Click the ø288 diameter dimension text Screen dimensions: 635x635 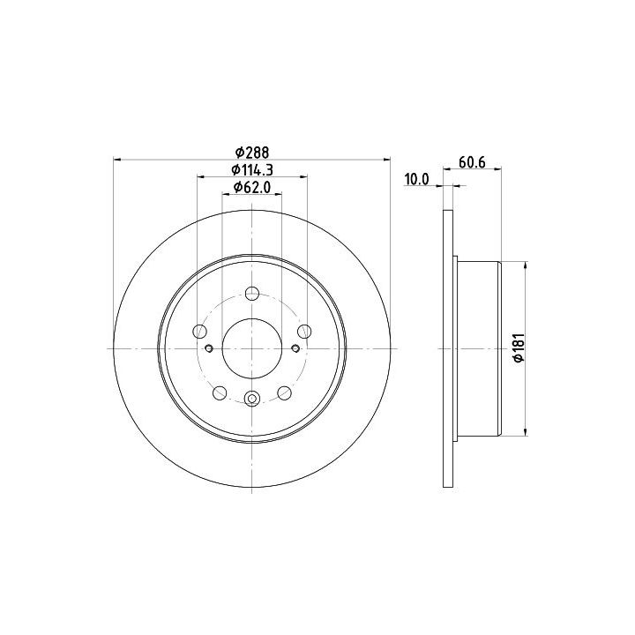point(252,153)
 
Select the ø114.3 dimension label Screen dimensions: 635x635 point(252,170)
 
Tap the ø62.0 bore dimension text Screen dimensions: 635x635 point(252,187)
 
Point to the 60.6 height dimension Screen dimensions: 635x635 point(472,162)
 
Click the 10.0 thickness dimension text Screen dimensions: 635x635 point(416,179)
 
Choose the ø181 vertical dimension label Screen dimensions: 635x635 point(519,347)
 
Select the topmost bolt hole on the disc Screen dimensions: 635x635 point(252,293)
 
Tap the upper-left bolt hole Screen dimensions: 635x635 point(200,332)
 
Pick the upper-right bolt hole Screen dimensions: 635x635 point(304,332)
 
